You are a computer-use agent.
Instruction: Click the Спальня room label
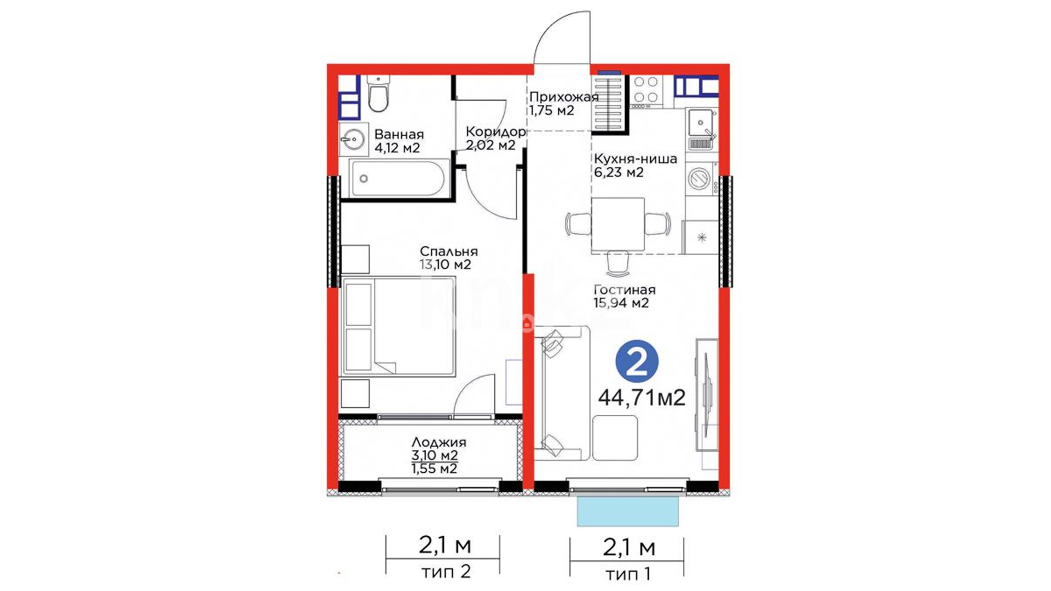[x=449, y=251]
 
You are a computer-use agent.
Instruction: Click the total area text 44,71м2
[x=642, y=397]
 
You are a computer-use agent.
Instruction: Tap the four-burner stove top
[x=646, y=90]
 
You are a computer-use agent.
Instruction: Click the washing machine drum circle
[x=698, y=178]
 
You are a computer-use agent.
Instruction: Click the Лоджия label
[x=439, y=442]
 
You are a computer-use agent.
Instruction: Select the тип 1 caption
[x=628, y=574]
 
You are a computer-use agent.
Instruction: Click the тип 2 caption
[x=446, y=572]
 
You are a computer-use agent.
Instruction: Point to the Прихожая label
[x=564, y=97]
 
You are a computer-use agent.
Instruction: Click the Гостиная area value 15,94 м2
[x=621, y=303]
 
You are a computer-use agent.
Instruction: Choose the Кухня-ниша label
[x=636, y=159]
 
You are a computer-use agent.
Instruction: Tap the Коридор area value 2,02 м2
[x=490, y=146]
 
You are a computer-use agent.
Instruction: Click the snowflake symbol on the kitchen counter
[x=702, y=237]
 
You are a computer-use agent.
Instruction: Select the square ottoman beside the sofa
[x=615, y=438]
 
